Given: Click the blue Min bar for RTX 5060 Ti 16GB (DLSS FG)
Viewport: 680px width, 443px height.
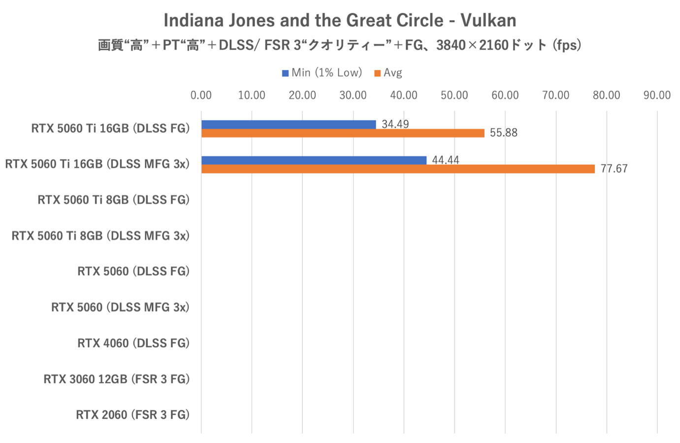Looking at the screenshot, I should point(289,124).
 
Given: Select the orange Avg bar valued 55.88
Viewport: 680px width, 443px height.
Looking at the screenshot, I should point(343,133).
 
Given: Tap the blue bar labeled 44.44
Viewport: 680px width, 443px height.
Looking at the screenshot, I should point(314,160).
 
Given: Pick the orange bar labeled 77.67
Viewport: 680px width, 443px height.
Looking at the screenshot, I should point(398,169).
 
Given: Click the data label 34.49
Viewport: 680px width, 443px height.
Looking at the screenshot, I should point(395,124).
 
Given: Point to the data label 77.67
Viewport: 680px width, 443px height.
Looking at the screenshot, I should point(614,169).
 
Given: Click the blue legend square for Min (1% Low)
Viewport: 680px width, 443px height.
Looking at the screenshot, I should point(285,73).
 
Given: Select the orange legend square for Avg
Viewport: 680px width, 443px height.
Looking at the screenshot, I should point(378,73).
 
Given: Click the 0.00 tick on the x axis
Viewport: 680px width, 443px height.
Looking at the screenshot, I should point(201,95).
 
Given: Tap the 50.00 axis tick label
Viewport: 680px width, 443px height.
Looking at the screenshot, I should point(454,95).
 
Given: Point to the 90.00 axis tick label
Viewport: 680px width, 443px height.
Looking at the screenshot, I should point(657,95).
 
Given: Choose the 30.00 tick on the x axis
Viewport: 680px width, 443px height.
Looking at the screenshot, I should point(353,95).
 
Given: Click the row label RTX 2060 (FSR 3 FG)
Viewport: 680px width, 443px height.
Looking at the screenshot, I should point(132,415).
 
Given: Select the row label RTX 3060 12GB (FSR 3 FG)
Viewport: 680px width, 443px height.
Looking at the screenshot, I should point(116,379).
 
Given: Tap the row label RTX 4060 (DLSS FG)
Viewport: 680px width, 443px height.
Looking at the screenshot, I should point(133,343).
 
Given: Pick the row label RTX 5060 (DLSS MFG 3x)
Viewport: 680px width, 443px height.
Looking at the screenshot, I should point(120,307).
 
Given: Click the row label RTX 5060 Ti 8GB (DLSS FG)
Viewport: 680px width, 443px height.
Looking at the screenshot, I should point(113,200).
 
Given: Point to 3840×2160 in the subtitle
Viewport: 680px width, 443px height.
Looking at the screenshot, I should point(472,45).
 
